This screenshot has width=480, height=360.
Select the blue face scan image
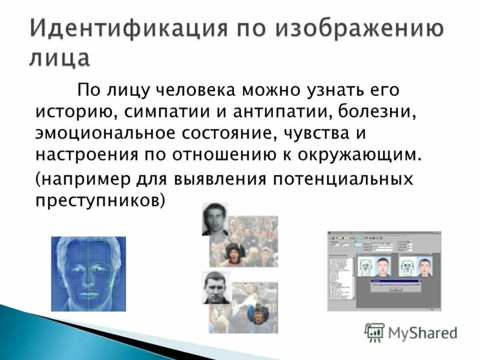[88, 273]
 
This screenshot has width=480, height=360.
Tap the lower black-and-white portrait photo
[216, 287]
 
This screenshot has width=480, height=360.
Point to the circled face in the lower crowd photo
[257, 314]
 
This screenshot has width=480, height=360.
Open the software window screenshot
[383, 271]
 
